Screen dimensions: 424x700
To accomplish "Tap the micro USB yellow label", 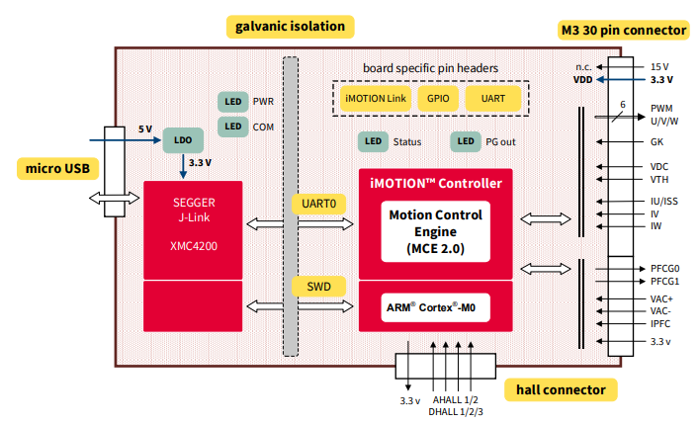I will coord(57,168).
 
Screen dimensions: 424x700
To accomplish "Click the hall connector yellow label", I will coord(561,389).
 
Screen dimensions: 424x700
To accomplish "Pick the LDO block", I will coord(182,140).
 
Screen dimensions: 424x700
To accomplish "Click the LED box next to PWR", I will coord(232,102).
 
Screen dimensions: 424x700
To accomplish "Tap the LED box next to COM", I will coord(232,127).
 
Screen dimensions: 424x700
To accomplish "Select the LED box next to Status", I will coord(373,141).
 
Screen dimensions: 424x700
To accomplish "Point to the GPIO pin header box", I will coord(437,99).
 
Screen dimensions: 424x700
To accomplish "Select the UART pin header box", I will coord(491,99).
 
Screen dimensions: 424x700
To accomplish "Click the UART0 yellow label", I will coord(317,204).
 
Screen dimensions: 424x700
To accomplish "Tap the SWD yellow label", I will coord(317,287).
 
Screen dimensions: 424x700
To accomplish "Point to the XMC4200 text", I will coord(193,242).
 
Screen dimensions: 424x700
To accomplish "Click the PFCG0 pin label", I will coord(664,268).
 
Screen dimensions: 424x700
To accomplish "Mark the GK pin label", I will coord(656,142).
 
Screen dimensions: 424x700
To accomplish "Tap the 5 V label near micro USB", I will coord(144,129).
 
